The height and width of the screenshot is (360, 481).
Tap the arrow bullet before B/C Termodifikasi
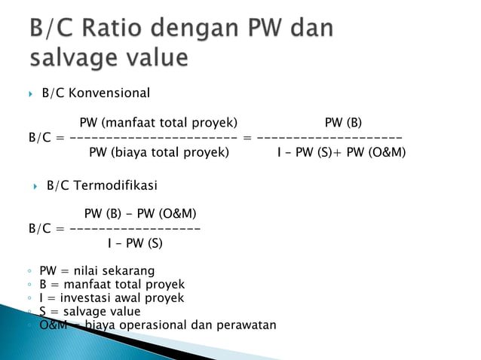[36, 186]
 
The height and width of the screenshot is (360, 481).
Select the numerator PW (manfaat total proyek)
[158, 123]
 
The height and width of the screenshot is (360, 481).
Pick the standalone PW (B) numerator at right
[348, 123]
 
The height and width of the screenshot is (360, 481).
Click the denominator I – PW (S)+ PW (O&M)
[341, 152]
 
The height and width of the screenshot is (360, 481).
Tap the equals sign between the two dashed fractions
[247, 138]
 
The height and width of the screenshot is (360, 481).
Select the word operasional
[155, 325]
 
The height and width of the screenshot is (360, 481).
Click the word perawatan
[245, 325]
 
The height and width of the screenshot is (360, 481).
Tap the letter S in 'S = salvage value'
[43, 312]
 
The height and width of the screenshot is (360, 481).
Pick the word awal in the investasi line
[127, 298]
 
